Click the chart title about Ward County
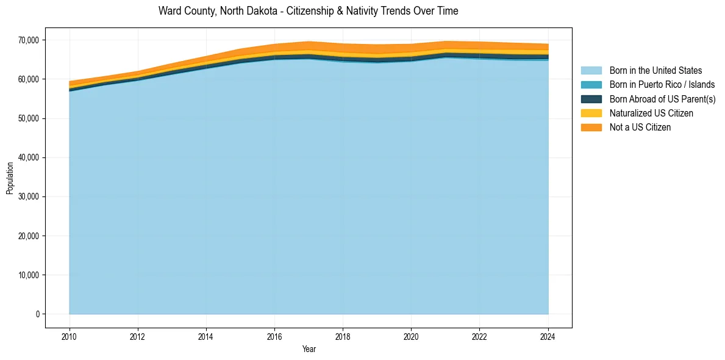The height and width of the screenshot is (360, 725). (x=308, y=11)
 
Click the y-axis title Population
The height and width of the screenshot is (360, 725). (x=10, y=178)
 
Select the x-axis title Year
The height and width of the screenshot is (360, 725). (x=309, y=349)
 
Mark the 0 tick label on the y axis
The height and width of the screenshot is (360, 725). (x=37, y=314)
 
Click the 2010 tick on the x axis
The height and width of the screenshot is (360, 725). (x=70, y=336)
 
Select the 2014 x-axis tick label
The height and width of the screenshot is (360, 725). (x=206, y=336)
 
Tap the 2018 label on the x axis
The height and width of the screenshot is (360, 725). (x=343, y=336)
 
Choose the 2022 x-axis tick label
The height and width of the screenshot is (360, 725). (x=480, y=336)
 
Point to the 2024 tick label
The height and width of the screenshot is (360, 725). (x=548, y=336)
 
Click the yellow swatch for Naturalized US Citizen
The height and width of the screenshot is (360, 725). (x=591, y=113)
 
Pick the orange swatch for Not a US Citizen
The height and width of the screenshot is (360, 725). (x=591, y=128)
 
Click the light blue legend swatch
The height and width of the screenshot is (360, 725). (x=591, y=71)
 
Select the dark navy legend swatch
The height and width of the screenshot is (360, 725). (x=591, y=99)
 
